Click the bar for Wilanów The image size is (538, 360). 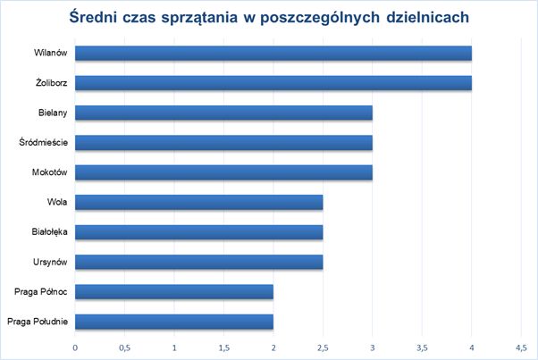click(x=273, y=54)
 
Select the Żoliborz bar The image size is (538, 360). click(x=273, y=83)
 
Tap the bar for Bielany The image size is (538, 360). click(x=223, y=113)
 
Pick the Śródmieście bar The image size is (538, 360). click(x=223, y=142)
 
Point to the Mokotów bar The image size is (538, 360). click(x=223, y=172)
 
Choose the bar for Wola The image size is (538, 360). click(x=198, y=202)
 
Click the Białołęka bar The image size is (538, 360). click(x=198, y=231)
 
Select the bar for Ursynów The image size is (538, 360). click(x=198, y=261)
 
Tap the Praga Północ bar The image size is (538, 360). click(x=173, y=291)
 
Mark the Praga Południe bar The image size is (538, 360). click(x=173, y=321)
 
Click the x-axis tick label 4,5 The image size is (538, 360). click(x=520, y=347)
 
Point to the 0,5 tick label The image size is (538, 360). click(x=124, y=347)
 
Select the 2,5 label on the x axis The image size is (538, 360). click(x=323, y=347)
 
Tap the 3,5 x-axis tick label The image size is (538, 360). click(x=422, y=347)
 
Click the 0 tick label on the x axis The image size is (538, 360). click(x=75, y=347)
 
